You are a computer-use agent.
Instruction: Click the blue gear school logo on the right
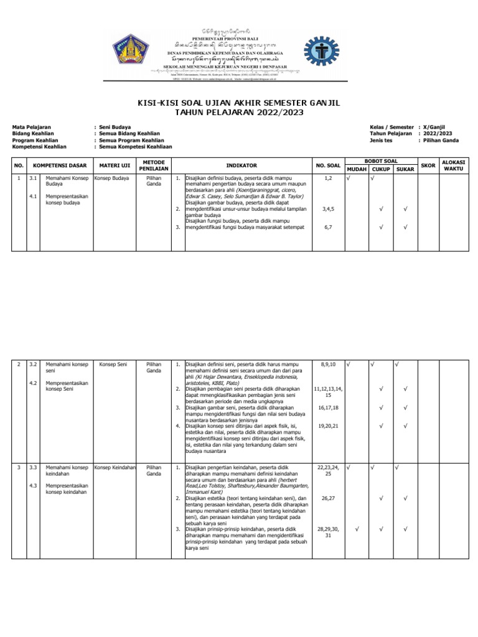[321, 56]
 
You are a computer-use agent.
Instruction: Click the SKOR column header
[428, 165]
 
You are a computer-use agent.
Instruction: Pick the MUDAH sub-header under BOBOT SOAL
[357, 169]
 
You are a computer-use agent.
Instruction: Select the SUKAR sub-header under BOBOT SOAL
[405, 169]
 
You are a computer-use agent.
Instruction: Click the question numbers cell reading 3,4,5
[327, 210]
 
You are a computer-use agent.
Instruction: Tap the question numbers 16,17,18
[328, 407]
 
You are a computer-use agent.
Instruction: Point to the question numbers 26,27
[328, 498]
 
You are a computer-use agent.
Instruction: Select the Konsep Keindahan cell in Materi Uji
[115, 467]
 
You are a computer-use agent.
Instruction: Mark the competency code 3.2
[34, 364]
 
